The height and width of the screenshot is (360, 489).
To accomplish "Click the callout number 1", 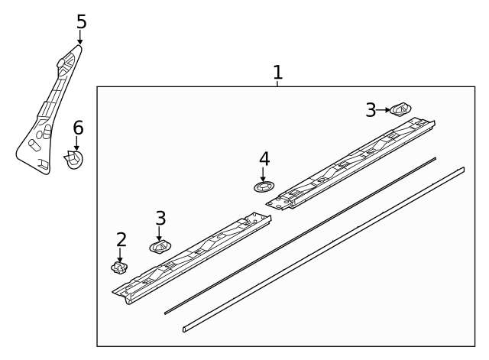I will pyautogui.click(x=277, y=73).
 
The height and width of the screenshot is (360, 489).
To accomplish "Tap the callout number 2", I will pyautogui.click(x=121, y=240).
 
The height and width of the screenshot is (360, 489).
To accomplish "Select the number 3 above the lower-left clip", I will pyautogui.click(x=160, y=218).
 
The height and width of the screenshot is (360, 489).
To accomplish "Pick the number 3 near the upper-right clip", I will pyautogui.click(x=371, y=110).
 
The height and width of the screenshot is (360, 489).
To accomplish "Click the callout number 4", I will pyautogui.click(x=264, y=158).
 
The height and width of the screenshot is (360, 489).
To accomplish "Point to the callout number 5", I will pyautogui.click(x=81, y=21).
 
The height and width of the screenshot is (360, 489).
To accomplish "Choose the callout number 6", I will pyautogui.click(x=78, y=128).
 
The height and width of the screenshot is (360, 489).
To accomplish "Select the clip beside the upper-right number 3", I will pyautogui.click(x=400, y=109).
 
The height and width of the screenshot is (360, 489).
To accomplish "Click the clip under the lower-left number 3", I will pyautogui.click(x=160, y=246).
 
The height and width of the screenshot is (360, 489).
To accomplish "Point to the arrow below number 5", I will pyautogui.click(x=80, y=38).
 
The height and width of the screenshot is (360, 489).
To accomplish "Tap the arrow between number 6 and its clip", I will pyautogui.click(x=76, y=143).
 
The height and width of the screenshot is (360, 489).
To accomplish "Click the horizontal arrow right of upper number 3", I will pyautogui.click(x=384, y=110).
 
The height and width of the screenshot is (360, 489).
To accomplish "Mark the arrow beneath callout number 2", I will pyautogui.click(x=121, y=255).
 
